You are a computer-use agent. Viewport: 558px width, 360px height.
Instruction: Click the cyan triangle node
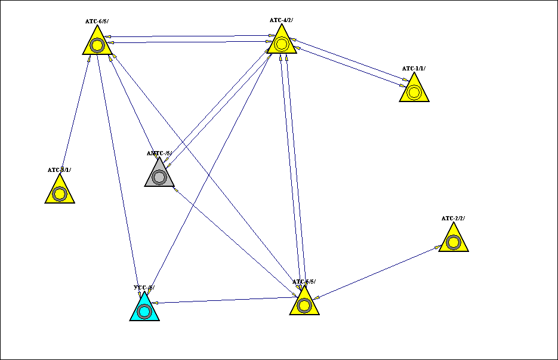144,309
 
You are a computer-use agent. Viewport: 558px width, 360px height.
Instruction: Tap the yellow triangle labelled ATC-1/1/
414,91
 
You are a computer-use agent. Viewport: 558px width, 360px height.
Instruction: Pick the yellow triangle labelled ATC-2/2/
453,241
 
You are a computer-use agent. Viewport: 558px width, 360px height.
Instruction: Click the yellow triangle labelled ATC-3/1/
60,192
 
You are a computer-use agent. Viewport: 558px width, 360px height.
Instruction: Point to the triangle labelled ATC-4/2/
281,43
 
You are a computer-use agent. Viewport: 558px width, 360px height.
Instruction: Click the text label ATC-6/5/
97,21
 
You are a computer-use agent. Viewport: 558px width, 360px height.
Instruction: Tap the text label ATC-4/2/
281,20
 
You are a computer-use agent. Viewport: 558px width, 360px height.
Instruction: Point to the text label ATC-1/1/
414,69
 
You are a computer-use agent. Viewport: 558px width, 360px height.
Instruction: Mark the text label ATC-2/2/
453,219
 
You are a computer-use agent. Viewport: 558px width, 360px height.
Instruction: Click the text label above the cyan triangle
144,288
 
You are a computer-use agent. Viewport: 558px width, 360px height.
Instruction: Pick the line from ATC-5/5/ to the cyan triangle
227,300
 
